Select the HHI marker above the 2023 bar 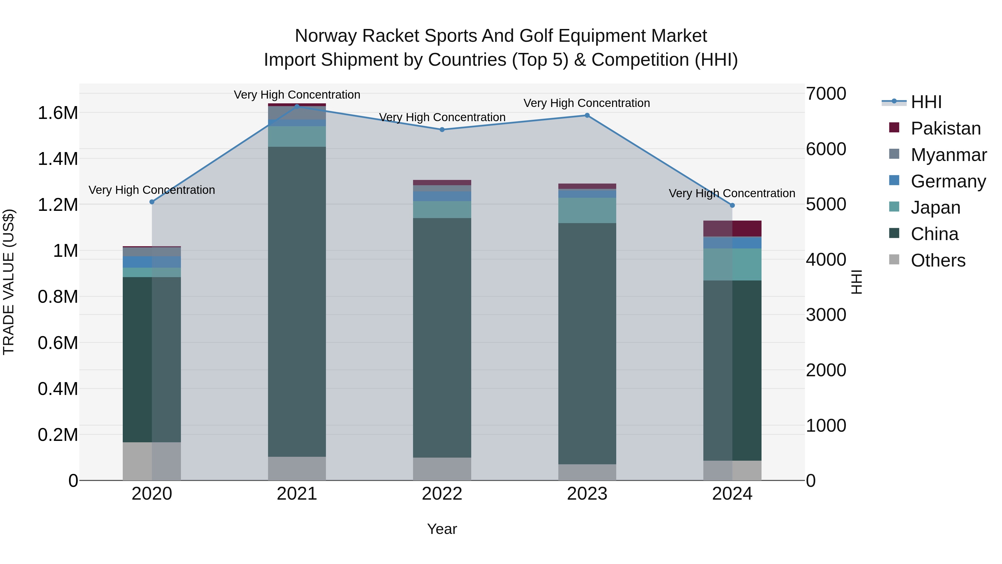pyautogui.click(x=587, y=115)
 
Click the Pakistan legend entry pyautogui.click(x=945, y=128)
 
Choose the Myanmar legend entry pyautogui.click(x=948, y=155)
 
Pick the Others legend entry pyautogui.click(x=938, y=260)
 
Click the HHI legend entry pyautogui.click(x=926, y=102)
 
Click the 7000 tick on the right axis pyautogui.click(x=826, y=94)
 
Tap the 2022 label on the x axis pyautogui.click(x=442, y=494)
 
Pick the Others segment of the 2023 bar pyautogui.click(x=587, y=472)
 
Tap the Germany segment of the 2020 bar pyautogui.click(x=152, y=262)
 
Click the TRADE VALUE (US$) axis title pyautogui.click(x=9, y=282)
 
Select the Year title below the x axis pyautogui.click(x=442, y=529)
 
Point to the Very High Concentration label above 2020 pyautogui.click(x=152, y=190)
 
